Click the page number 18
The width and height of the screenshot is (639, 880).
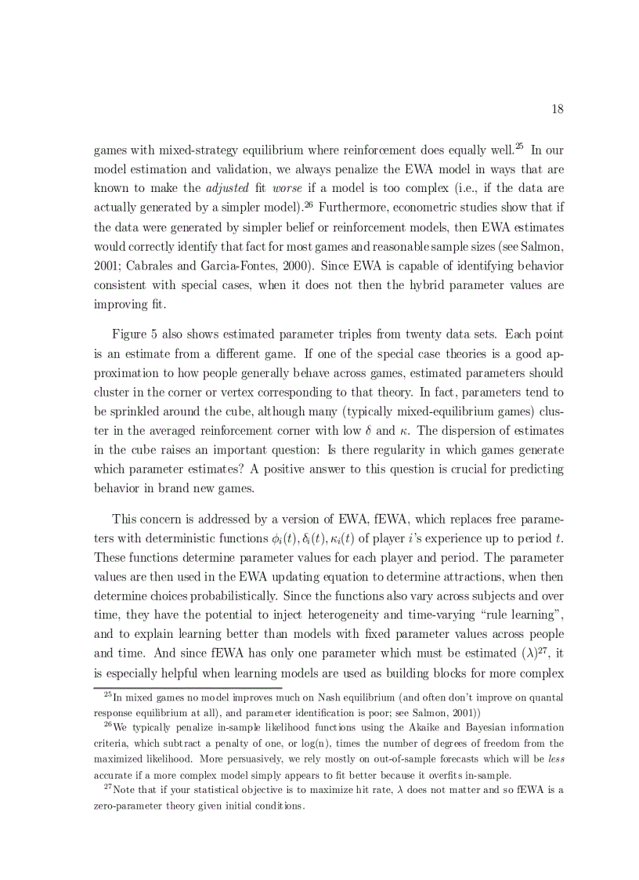pyautogui.click(x=557, y=109)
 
